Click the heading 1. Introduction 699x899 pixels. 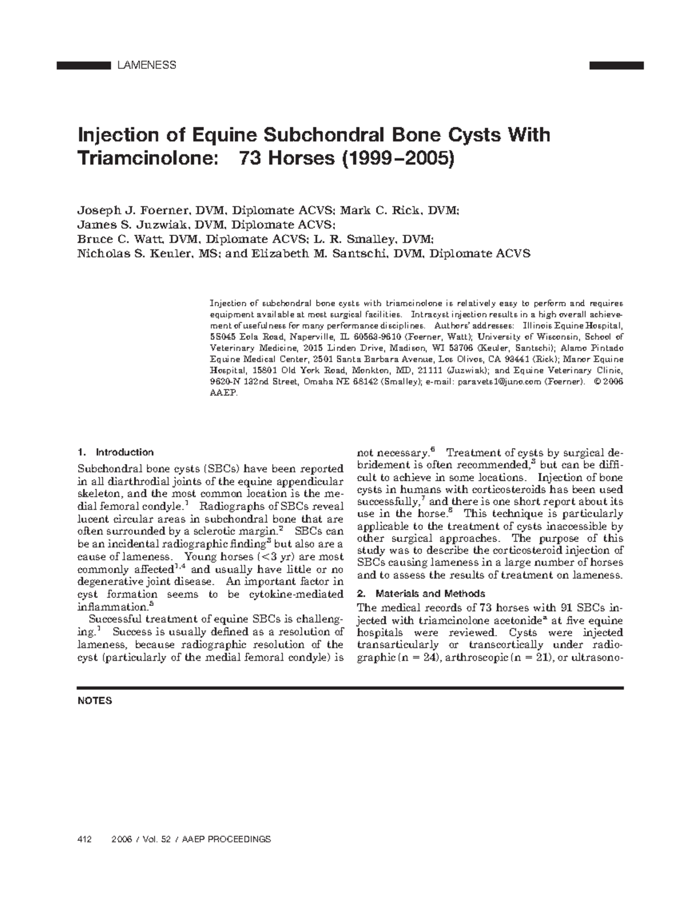(x=115, y=452)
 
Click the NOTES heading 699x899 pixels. (x=94, y=701)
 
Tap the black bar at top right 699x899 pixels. (x=616, y=65)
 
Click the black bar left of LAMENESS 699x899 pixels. (x=83, y=65)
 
